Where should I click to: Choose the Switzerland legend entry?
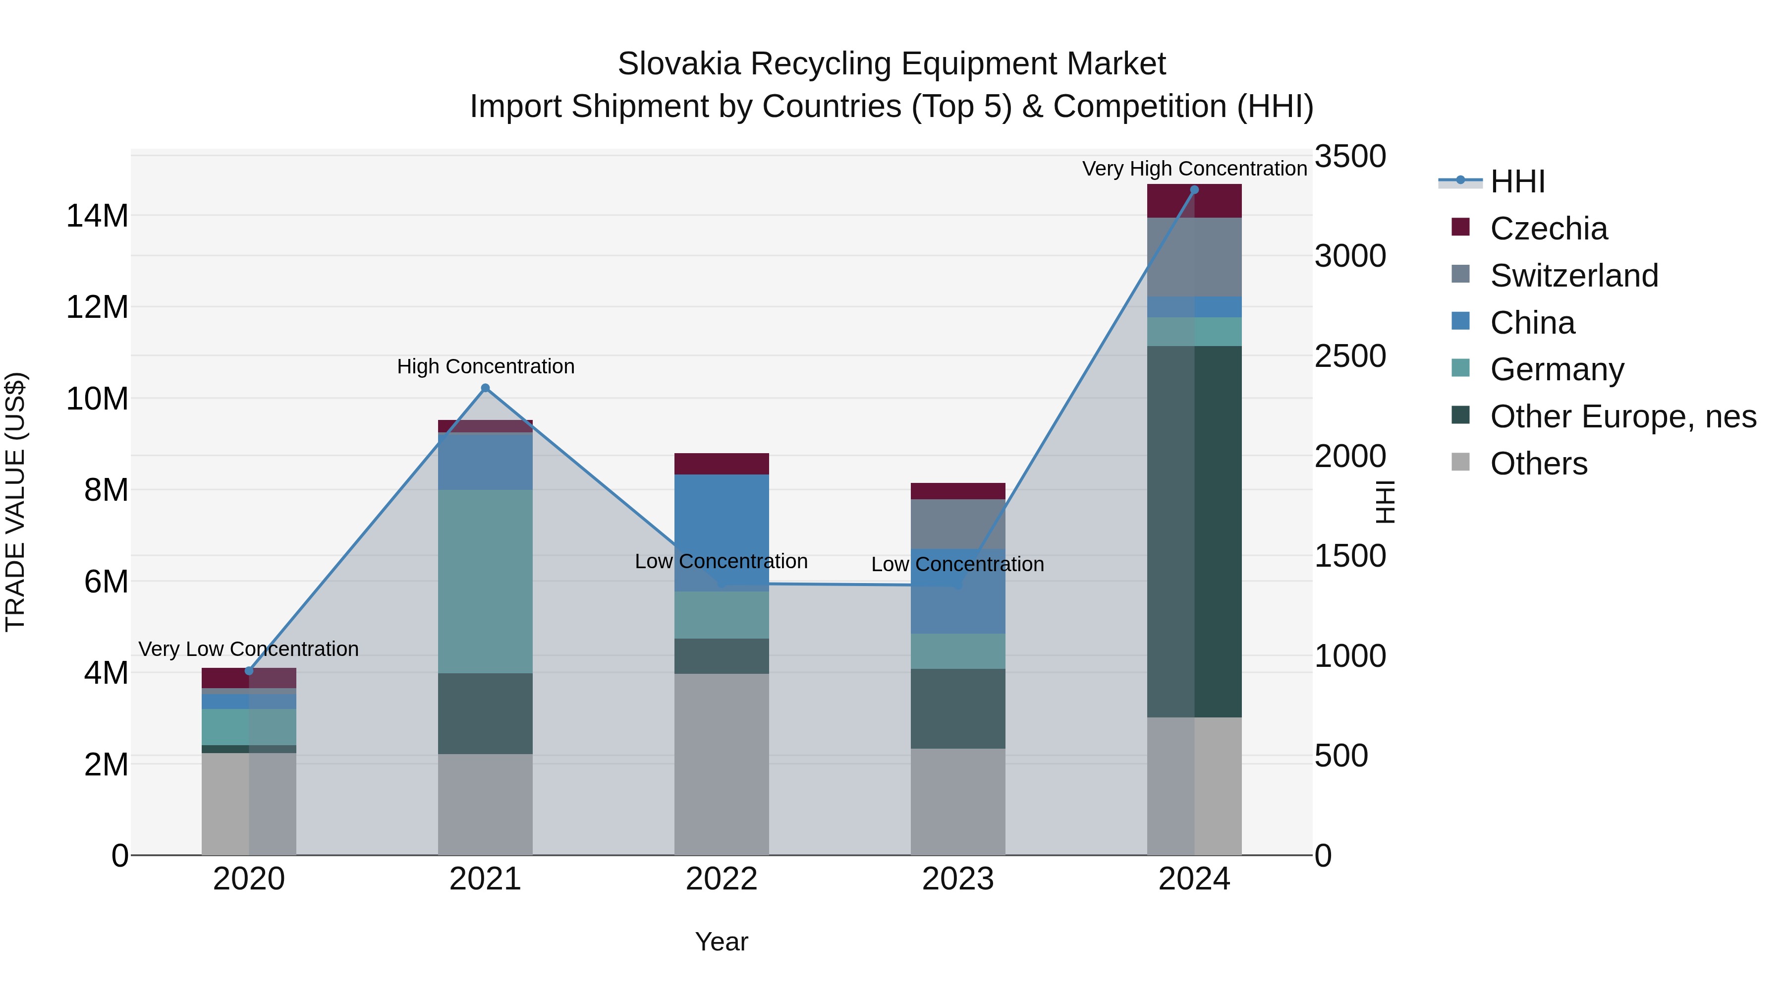pos(1573,276)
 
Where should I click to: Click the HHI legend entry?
pos(1517,181)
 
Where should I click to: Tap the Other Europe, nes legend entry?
pos(1622,416)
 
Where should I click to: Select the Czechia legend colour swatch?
pos(1460,227)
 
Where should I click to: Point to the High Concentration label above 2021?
pos(486,366)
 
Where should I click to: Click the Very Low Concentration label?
pos(249,649)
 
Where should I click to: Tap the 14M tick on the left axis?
pos(97,216)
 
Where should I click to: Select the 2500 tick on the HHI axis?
pos(1350,356)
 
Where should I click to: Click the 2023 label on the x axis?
pos(958,879)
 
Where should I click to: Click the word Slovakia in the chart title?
pos(679,64)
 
